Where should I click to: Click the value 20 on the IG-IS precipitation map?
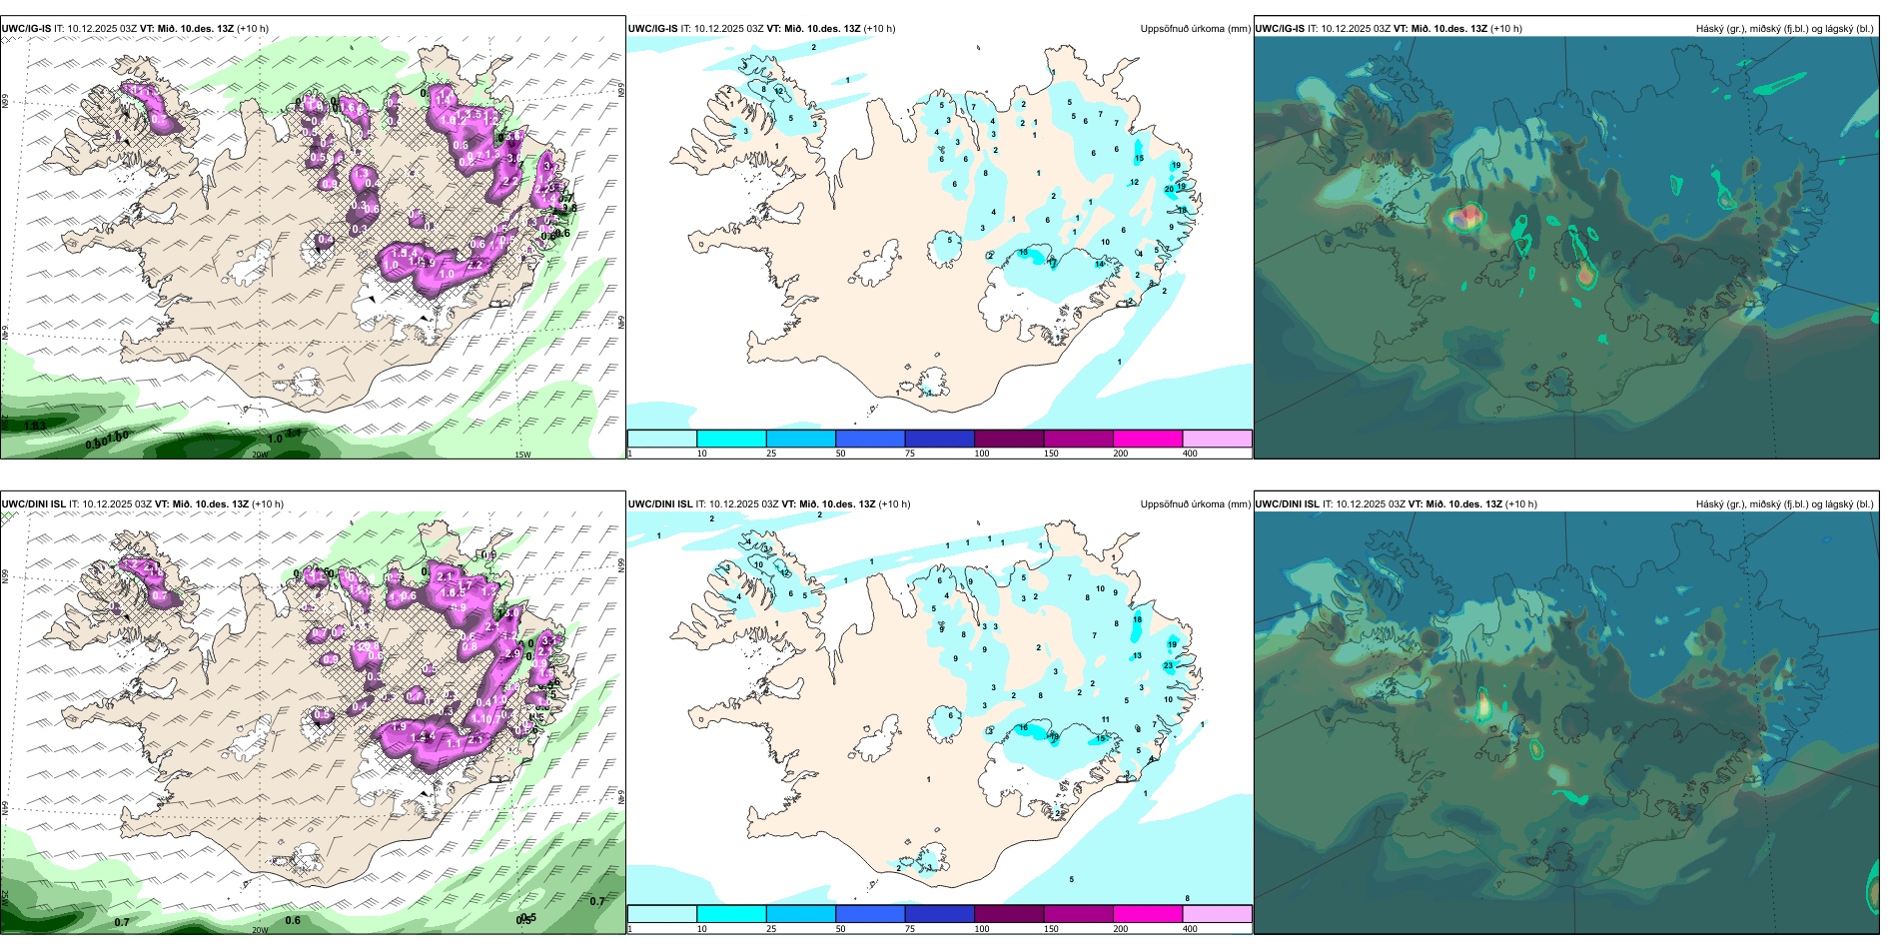click(x=1169, y=189)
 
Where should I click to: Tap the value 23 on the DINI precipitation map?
click(x=1168, y=665)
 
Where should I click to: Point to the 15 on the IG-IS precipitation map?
click(x=1139, y=158)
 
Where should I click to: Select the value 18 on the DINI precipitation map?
click(x=1137, y=619)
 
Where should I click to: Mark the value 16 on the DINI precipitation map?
click(x=1023, y=728)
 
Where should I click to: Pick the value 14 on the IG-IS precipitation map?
click(x=1099, y=264)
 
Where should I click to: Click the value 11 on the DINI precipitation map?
click(x=1105, y=719)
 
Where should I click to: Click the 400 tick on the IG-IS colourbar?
click(x=1190, y=454)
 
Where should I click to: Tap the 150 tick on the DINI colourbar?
click(x=1051, y=929)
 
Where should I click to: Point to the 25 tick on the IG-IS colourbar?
click(x=771, y=454)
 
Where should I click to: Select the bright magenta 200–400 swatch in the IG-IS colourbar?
click(x=1148, y=439)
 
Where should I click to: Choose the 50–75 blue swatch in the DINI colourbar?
click(x=870, y=914)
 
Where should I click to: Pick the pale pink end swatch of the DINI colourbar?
click(x=1217, y=914)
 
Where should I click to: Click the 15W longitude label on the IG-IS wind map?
click(x=521, y=455)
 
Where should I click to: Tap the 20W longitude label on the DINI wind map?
click(x=260, y=930)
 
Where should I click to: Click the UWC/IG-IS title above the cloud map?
click(x=1280, y=29)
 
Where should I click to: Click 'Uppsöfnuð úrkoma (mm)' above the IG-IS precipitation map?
click(x=1195, y=29)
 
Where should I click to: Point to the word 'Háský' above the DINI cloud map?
click(x=1709, y=504)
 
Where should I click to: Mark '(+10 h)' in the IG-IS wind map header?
click(x=253, y=29)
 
